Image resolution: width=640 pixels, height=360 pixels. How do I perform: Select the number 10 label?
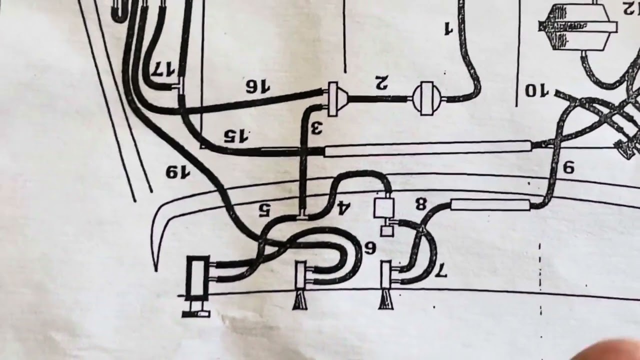(536, 91)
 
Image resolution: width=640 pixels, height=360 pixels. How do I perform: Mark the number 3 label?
(316, 128)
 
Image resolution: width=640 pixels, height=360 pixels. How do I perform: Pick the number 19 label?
(178, 172)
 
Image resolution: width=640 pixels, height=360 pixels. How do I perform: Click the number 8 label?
(420, 203)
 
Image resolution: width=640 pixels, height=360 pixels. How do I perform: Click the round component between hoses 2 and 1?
(426, 98)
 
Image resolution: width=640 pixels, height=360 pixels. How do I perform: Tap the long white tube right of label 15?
(427, 148)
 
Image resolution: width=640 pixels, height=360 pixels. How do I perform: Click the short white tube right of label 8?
(490, 204)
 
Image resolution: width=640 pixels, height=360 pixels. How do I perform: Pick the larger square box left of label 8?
(384, 208)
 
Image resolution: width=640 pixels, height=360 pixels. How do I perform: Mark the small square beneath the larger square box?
(386, 231)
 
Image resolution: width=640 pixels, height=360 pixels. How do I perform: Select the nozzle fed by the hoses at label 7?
(385, 284)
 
